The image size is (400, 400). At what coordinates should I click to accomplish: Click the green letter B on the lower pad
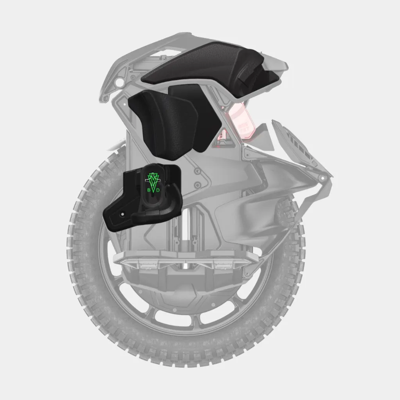point(149,190)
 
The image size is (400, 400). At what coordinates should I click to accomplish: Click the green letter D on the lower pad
point(158,190)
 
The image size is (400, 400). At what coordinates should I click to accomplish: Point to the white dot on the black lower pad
point(123,214)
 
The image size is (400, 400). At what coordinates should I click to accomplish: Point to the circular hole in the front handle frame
point(119,82)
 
